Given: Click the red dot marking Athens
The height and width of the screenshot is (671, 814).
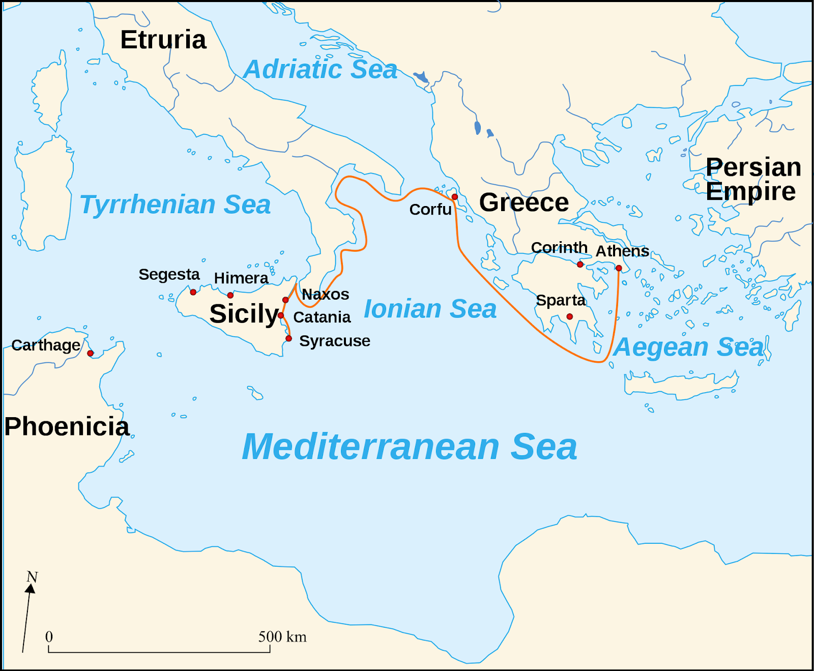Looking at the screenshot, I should (619, 268).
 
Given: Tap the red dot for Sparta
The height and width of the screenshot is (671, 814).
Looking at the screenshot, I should (570, 316).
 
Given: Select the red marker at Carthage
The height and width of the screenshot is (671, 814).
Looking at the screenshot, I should (90, 353).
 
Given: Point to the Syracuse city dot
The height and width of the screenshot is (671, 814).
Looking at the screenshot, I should (289, 338).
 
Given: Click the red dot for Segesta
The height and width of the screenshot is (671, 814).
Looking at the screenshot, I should (193, 292).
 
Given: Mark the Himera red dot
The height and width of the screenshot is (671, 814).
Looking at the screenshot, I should (230, 295).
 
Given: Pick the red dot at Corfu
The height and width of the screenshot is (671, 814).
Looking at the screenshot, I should (455, 197).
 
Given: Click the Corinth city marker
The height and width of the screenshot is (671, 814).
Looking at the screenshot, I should (580, 264).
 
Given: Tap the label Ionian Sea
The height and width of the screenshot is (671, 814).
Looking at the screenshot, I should (430, 309).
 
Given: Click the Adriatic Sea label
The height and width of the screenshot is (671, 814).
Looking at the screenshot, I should (320, 70).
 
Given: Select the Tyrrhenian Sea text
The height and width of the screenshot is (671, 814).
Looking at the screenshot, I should (175, 205).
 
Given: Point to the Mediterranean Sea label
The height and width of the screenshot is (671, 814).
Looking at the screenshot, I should (409, 447).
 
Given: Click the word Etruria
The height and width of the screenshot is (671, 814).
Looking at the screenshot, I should (163, 40).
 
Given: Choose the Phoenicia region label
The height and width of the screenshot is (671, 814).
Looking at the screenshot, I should (67, 426).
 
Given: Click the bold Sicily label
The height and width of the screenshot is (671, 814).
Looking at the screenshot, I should (244, 313).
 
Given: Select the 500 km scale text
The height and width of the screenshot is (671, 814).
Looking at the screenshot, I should (282, 636).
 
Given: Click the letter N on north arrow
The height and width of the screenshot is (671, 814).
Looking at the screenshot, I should (32, 577).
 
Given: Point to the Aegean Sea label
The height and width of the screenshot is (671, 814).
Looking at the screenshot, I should (689, 347).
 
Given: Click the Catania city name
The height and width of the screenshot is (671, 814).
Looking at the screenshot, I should (322, 317).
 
